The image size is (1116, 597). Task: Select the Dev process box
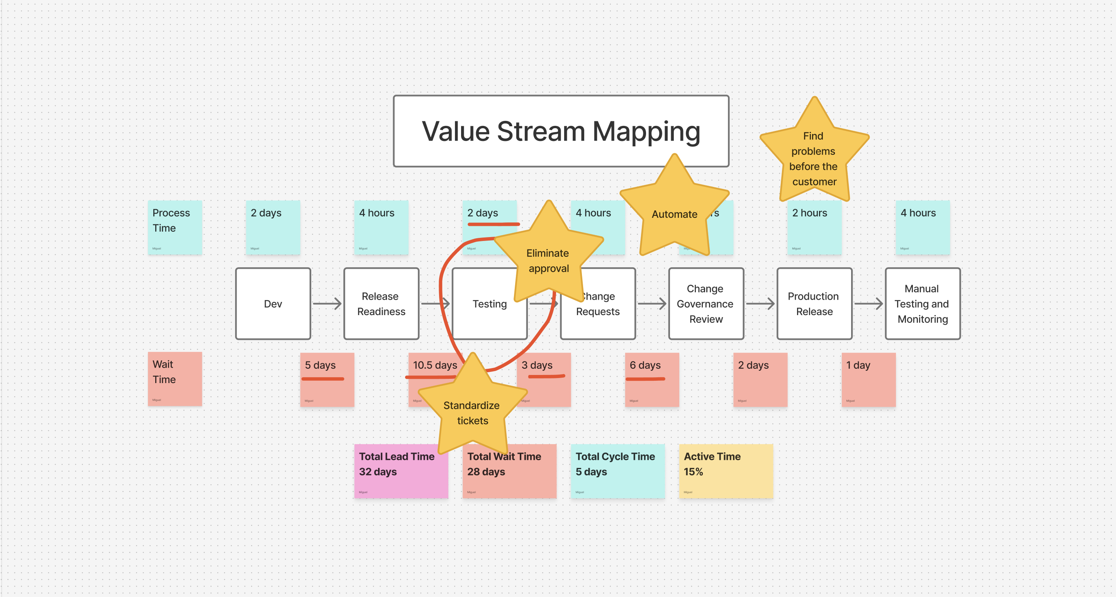tap(273, 304)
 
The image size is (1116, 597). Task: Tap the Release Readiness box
tap(381, 304)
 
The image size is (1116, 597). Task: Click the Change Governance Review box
tap(706, 304)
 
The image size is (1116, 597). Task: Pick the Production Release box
tap(814, 304)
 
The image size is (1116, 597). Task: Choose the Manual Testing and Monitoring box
tap(923, 304)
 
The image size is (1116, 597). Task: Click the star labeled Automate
tap(674, 214)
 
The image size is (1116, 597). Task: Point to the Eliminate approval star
tap(548, 260)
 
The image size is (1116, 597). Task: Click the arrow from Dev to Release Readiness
tap(327, 304)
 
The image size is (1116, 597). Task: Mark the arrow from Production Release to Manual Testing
tap(868, 304)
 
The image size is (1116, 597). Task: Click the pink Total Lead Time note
tap(401, 471)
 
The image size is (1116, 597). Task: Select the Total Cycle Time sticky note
tap(617, 471)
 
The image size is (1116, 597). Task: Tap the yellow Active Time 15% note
tap(726, 471)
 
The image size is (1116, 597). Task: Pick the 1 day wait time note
tap(868, 380)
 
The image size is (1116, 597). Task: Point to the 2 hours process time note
tap(814, 227)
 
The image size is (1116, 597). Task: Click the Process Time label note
tap(175, 227)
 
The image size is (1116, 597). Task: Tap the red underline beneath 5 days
tap(323, 379)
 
